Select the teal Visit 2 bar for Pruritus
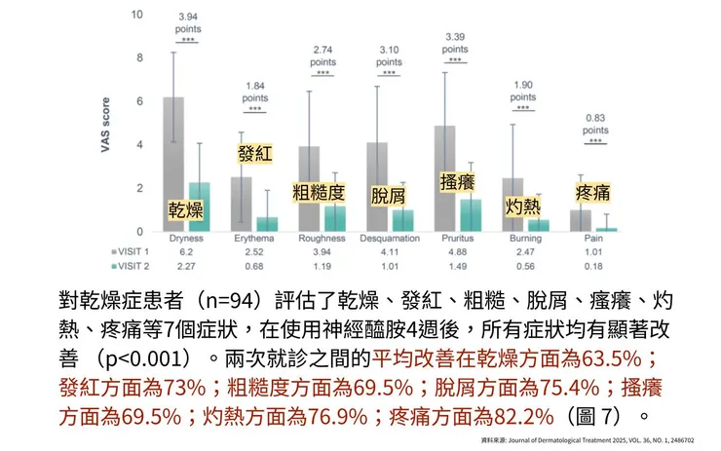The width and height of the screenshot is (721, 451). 471,215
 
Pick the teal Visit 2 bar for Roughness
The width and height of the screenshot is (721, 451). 335,218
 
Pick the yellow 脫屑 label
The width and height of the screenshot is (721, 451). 388,195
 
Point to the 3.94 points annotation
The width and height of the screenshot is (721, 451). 187,23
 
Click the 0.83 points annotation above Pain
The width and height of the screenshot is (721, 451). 593,124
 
